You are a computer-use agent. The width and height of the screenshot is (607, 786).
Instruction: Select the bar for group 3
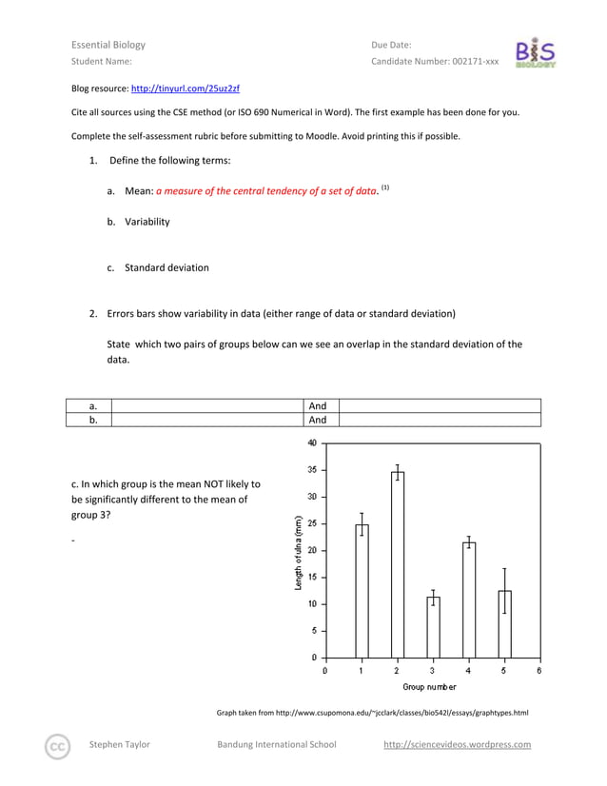433,627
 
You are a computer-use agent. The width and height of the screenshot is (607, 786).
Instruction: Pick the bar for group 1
362,591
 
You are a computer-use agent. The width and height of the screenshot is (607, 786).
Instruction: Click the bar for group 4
468,599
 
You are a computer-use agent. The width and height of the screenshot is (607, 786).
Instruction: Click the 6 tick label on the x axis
539,671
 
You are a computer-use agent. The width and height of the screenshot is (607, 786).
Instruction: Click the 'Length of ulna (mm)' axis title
299,552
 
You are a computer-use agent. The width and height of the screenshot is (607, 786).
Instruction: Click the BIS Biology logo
535,53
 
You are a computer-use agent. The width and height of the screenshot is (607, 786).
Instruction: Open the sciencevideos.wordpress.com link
457,745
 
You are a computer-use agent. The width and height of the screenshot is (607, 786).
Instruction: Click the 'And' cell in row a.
318,406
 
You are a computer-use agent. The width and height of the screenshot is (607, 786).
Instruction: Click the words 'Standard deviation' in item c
166,267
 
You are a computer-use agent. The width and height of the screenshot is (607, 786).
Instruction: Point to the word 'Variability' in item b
147,222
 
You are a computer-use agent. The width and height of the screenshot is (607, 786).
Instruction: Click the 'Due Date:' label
391,45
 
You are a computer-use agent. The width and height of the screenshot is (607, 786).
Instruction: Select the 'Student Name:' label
102,62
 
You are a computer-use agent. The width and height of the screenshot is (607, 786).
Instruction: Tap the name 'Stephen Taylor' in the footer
119,745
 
